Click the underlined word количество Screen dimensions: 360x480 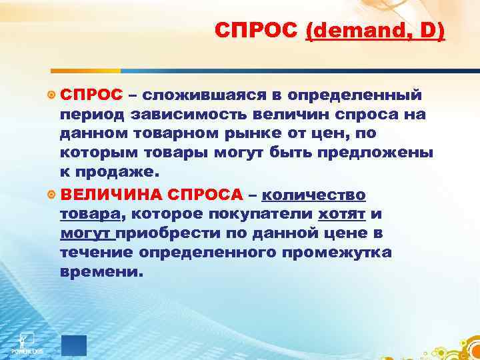point(314,195)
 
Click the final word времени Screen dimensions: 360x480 point(101,272)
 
